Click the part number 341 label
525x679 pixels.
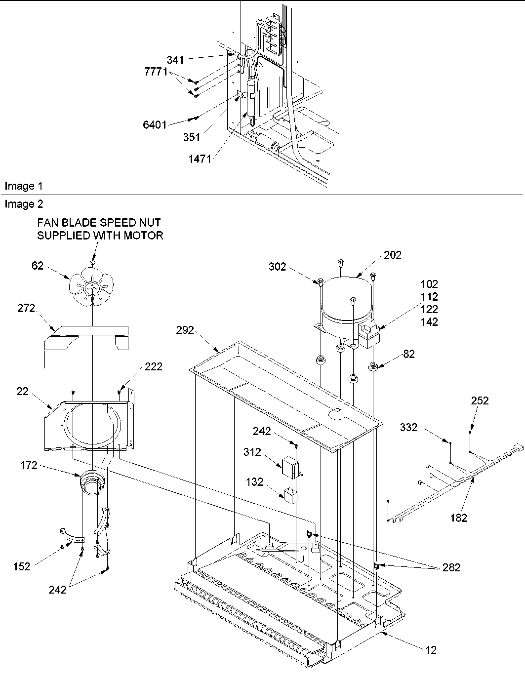pyautogui.click(x=175, y=60)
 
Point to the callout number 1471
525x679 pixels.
pyautogui.click(x=199, y=159)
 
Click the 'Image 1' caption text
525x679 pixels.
pyautogui.click(x=23, y=186)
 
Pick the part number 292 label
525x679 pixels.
pyautogui.click(x=185, y=330)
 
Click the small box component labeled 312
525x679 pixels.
pyautogui.click(x=288, y=465)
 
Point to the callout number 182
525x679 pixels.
pyautogui.click(x=458, y=518)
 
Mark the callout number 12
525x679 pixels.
pyautogui.click(x=431, y=650)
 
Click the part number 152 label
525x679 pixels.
pyautogui.click(x=22, y=566)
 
